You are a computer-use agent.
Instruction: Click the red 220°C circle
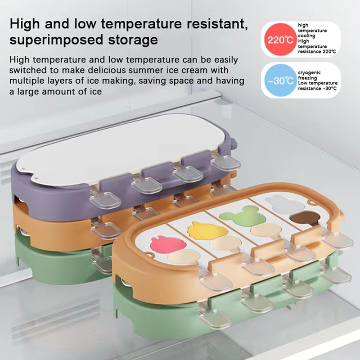click(x=280, y=39)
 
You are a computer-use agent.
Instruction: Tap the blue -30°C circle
click(x=280, y=80)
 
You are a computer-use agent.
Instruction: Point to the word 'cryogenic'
click(x=309, y=73)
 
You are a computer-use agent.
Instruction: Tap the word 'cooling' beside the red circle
click(x=306, y=36)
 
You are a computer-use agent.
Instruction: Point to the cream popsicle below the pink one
click(x=184, y=256)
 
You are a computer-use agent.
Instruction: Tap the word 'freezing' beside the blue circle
click(x=307, y=78)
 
